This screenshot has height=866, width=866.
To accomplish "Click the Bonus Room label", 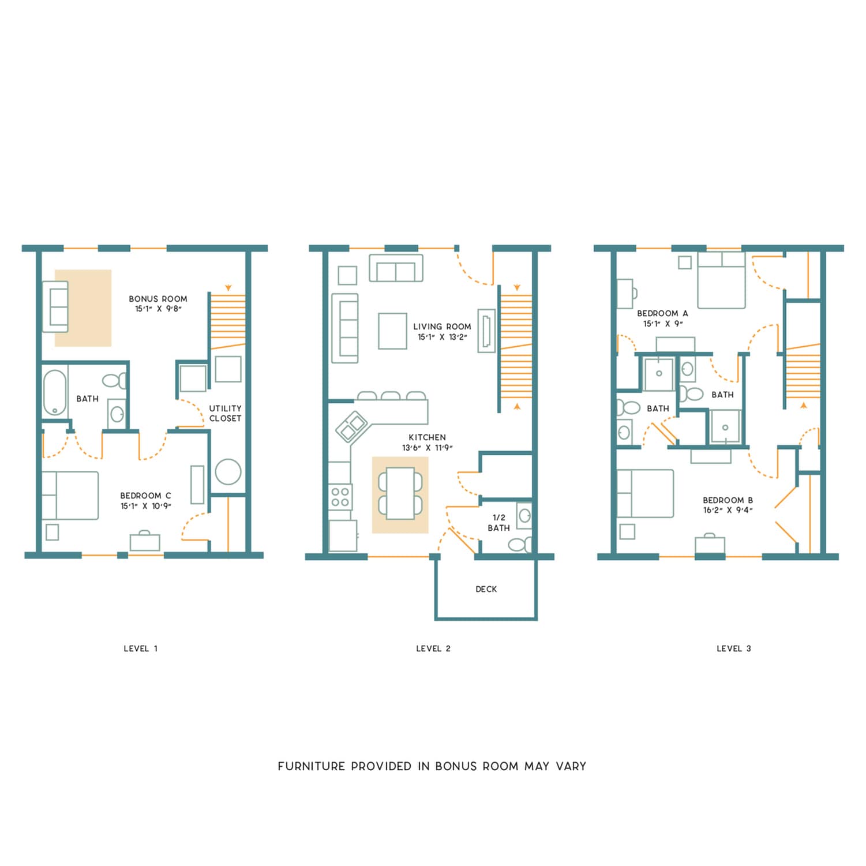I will tap(158, 299).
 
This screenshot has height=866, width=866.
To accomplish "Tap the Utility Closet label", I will tap(225, 413).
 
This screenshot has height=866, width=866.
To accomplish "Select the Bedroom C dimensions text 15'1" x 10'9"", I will tap(145, 506).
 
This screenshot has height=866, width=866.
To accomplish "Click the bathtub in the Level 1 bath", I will tap(55, 392).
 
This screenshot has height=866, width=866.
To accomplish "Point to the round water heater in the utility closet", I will tap(228, 472).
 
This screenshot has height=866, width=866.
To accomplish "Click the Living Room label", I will tap(442, 327).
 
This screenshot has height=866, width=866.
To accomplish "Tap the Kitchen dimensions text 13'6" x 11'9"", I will tap(427, 448).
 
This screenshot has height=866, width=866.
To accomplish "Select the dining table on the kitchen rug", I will tap(400, 494).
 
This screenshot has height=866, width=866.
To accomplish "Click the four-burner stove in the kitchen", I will tap(340, 497).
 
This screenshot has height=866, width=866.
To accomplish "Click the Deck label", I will tap(486, 589).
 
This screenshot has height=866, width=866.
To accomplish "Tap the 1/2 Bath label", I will tap(498, 523).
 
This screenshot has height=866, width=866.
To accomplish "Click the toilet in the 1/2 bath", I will tap(520, 545).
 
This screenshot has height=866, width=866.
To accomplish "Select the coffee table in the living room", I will tap(392, 331).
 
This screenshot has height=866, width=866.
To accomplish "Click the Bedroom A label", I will tap(662, 313).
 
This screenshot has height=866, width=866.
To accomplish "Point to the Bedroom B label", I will tap(728, 500).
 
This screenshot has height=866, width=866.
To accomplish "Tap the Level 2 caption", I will tap(433, 648).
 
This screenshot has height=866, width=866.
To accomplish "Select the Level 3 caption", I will tap(733, 648).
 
